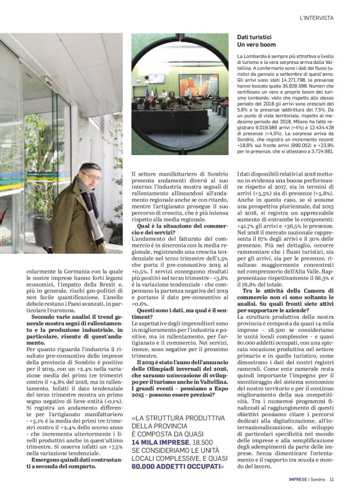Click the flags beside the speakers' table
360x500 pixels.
point(147,92)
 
